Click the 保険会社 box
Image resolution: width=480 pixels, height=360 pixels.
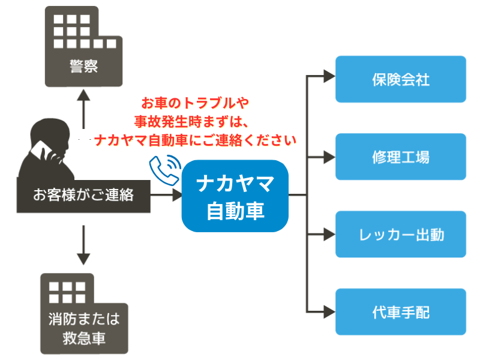click(x=401, y=79)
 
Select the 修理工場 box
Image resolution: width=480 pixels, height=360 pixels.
click(x=401, y=157)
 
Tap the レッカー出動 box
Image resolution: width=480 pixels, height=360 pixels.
click(x=401, y=234)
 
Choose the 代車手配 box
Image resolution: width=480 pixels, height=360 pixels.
click(x=401, y=311)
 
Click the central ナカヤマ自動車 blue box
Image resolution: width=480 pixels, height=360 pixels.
click(x=235, y=196)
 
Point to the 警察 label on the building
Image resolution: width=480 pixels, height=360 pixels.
click(x=83, y=66)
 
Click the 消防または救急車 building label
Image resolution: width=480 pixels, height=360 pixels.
click(x=84, y=328)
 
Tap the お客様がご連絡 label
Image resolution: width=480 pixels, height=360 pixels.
click(x=83, y=195)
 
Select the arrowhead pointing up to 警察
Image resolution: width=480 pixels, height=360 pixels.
click(x=83, y=95)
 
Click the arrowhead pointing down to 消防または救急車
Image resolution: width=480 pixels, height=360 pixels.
click(x=83, y=259)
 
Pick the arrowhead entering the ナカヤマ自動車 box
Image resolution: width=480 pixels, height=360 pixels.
click(x=177, y=194)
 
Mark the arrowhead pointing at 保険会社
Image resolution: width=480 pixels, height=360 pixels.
click(x=329, y=76)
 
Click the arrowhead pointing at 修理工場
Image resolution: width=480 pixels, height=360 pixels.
click(x=329, y=157)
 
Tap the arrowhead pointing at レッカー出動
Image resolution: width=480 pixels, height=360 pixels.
click(x=329, y=235)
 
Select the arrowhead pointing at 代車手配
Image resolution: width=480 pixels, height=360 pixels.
click(x=329, y=312)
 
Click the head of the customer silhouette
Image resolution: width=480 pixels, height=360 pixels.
click(x=50, y=134)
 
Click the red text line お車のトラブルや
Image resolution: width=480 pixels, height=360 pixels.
click(x=195, y=103)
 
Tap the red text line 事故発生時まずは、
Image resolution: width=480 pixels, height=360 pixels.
click(x=191, y=122)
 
